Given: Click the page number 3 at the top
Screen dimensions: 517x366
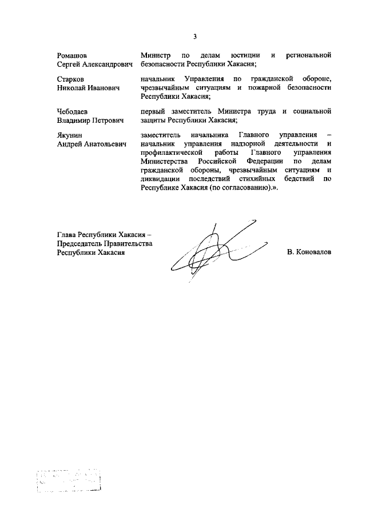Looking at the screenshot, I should pos(194,37).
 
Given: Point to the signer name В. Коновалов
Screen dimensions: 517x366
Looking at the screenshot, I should pos(309,252).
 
